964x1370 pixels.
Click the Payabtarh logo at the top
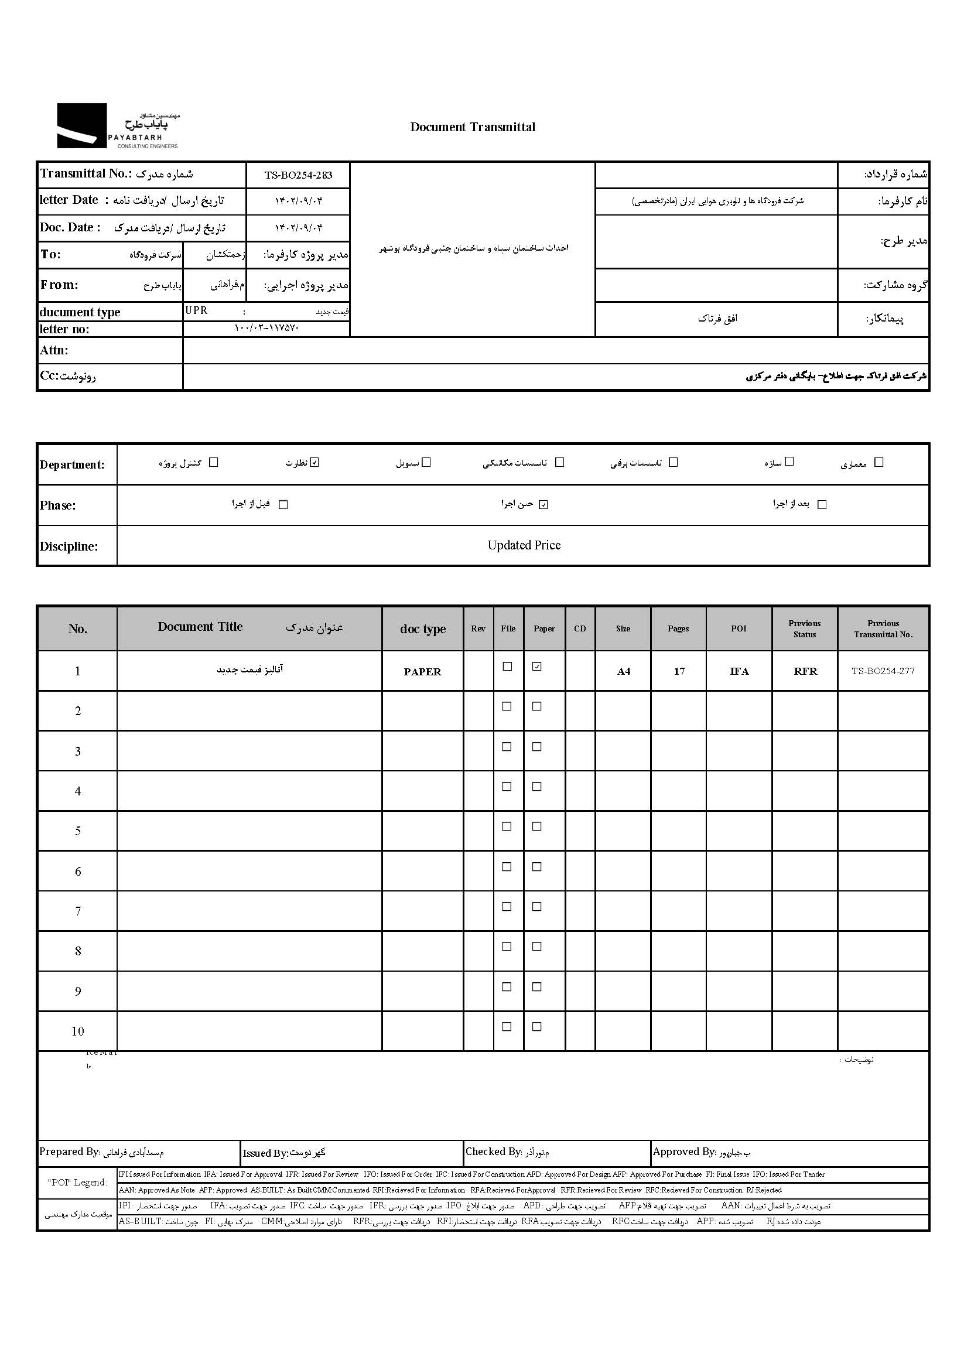118,126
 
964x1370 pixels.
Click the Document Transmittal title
473,127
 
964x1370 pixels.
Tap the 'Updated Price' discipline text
524,545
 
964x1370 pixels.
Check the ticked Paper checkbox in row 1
537,667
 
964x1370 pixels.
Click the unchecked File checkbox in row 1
507,667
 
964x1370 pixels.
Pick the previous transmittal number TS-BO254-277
883,671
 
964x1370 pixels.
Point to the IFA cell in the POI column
739,672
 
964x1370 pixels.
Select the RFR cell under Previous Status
805,672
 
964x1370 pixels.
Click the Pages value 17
679,672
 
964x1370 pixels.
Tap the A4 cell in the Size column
623,672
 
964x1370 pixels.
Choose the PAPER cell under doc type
422,672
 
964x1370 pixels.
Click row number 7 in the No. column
77,911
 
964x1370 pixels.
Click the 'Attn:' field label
54,350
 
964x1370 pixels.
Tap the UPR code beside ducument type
196,311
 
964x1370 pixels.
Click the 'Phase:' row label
58,505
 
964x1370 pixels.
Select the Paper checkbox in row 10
537,1027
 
